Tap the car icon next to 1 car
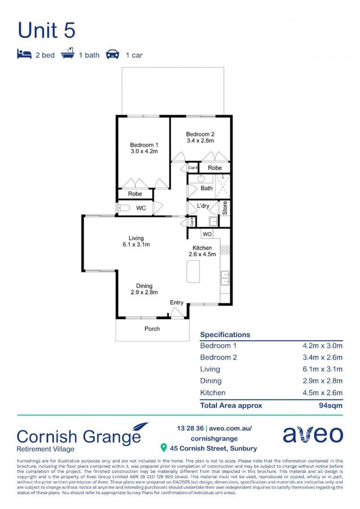coord(113,55)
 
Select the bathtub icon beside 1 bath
coord(69,54)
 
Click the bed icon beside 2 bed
coord(24,55)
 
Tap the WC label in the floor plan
coord(141,208)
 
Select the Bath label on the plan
coord(207,188)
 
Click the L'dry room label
coord(203,206)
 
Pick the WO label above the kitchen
coord(207,234)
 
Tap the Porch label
coord(152,328)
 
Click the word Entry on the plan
coord(177,303)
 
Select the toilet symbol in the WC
coord(124,208)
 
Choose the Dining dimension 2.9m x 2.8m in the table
coord(322,381)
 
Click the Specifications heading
coord(225,335)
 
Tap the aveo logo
coord(313,435)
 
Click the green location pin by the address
coord(164,447)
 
